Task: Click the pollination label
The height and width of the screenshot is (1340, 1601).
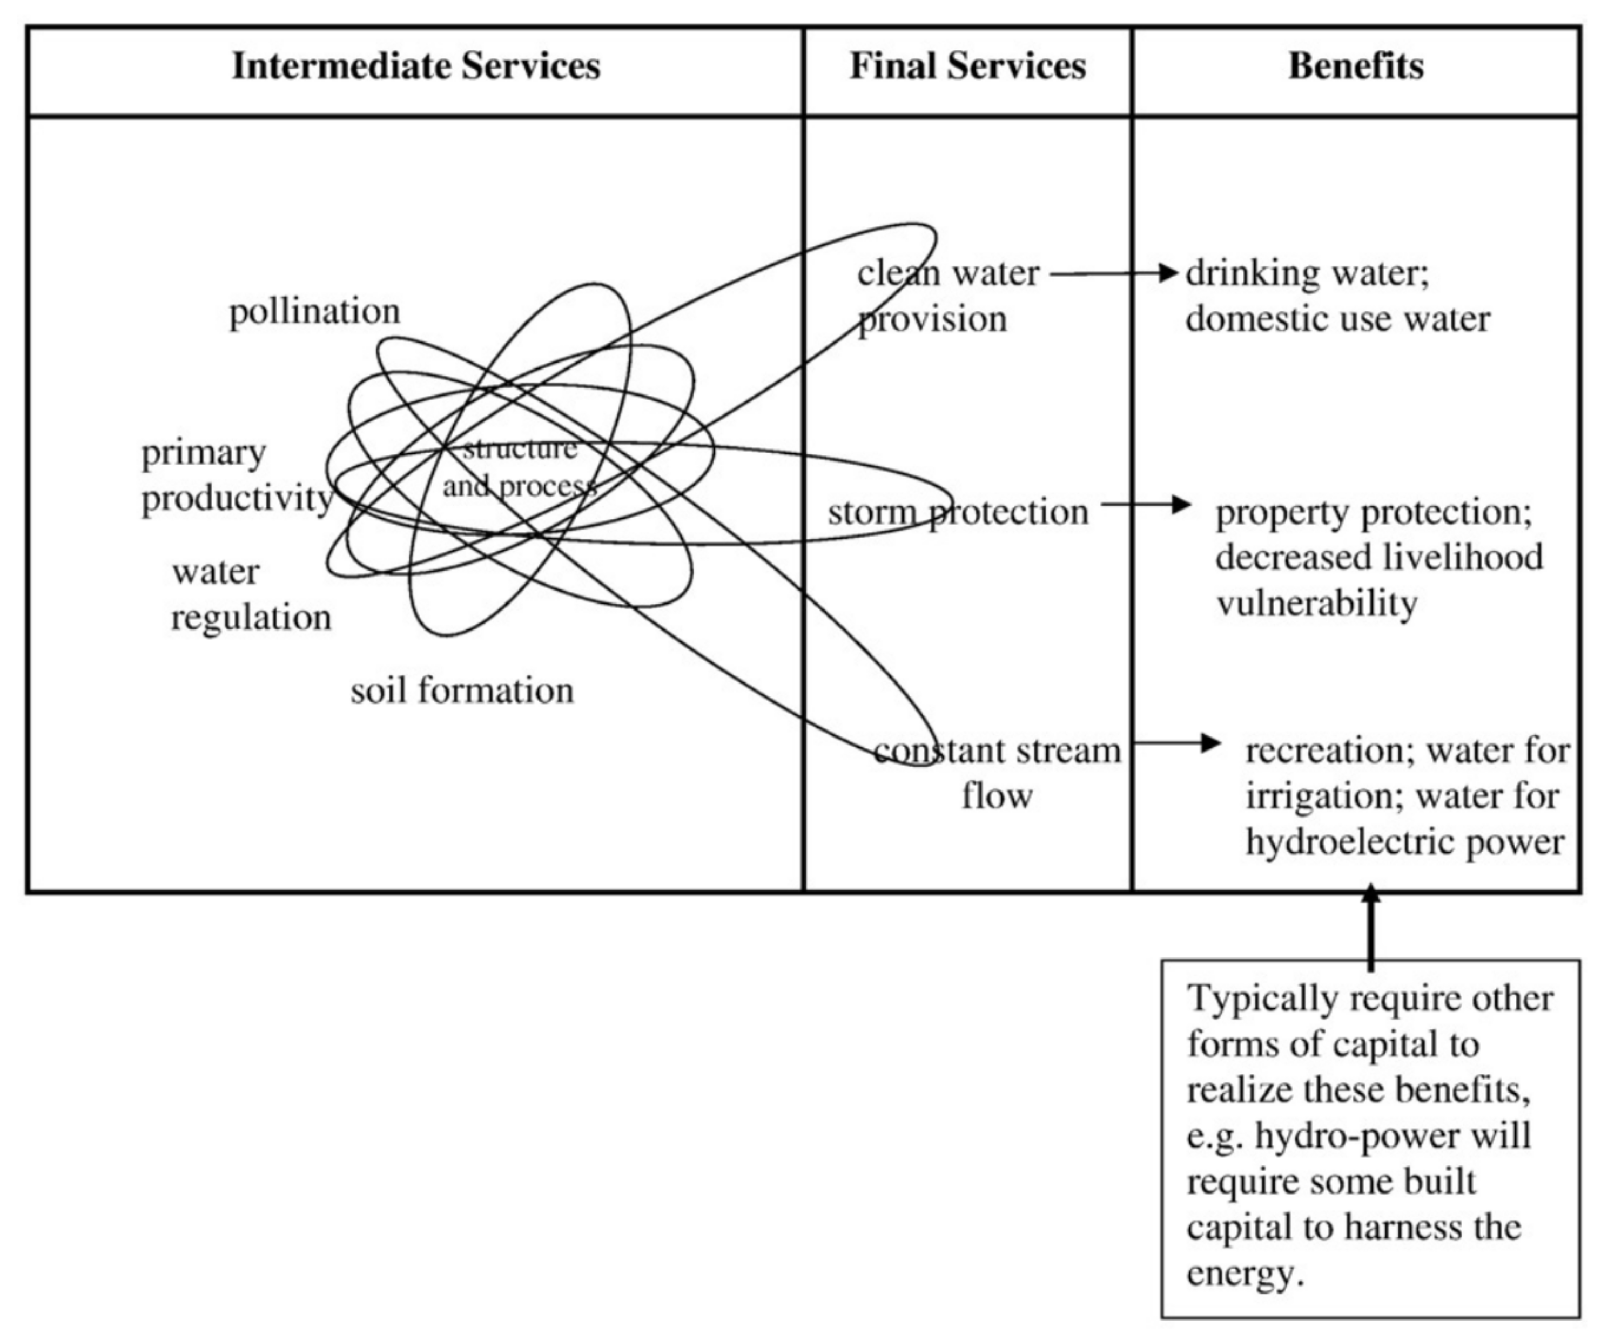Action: [314, 311]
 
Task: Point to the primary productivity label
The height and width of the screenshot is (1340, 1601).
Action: [237, 476]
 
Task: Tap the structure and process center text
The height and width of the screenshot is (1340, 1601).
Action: [519, 467]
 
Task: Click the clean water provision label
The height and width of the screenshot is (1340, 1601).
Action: [945, 296]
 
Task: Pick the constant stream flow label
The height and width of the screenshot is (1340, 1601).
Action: [997, 773]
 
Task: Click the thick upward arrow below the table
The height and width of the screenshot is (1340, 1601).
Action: [1370, 927]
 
